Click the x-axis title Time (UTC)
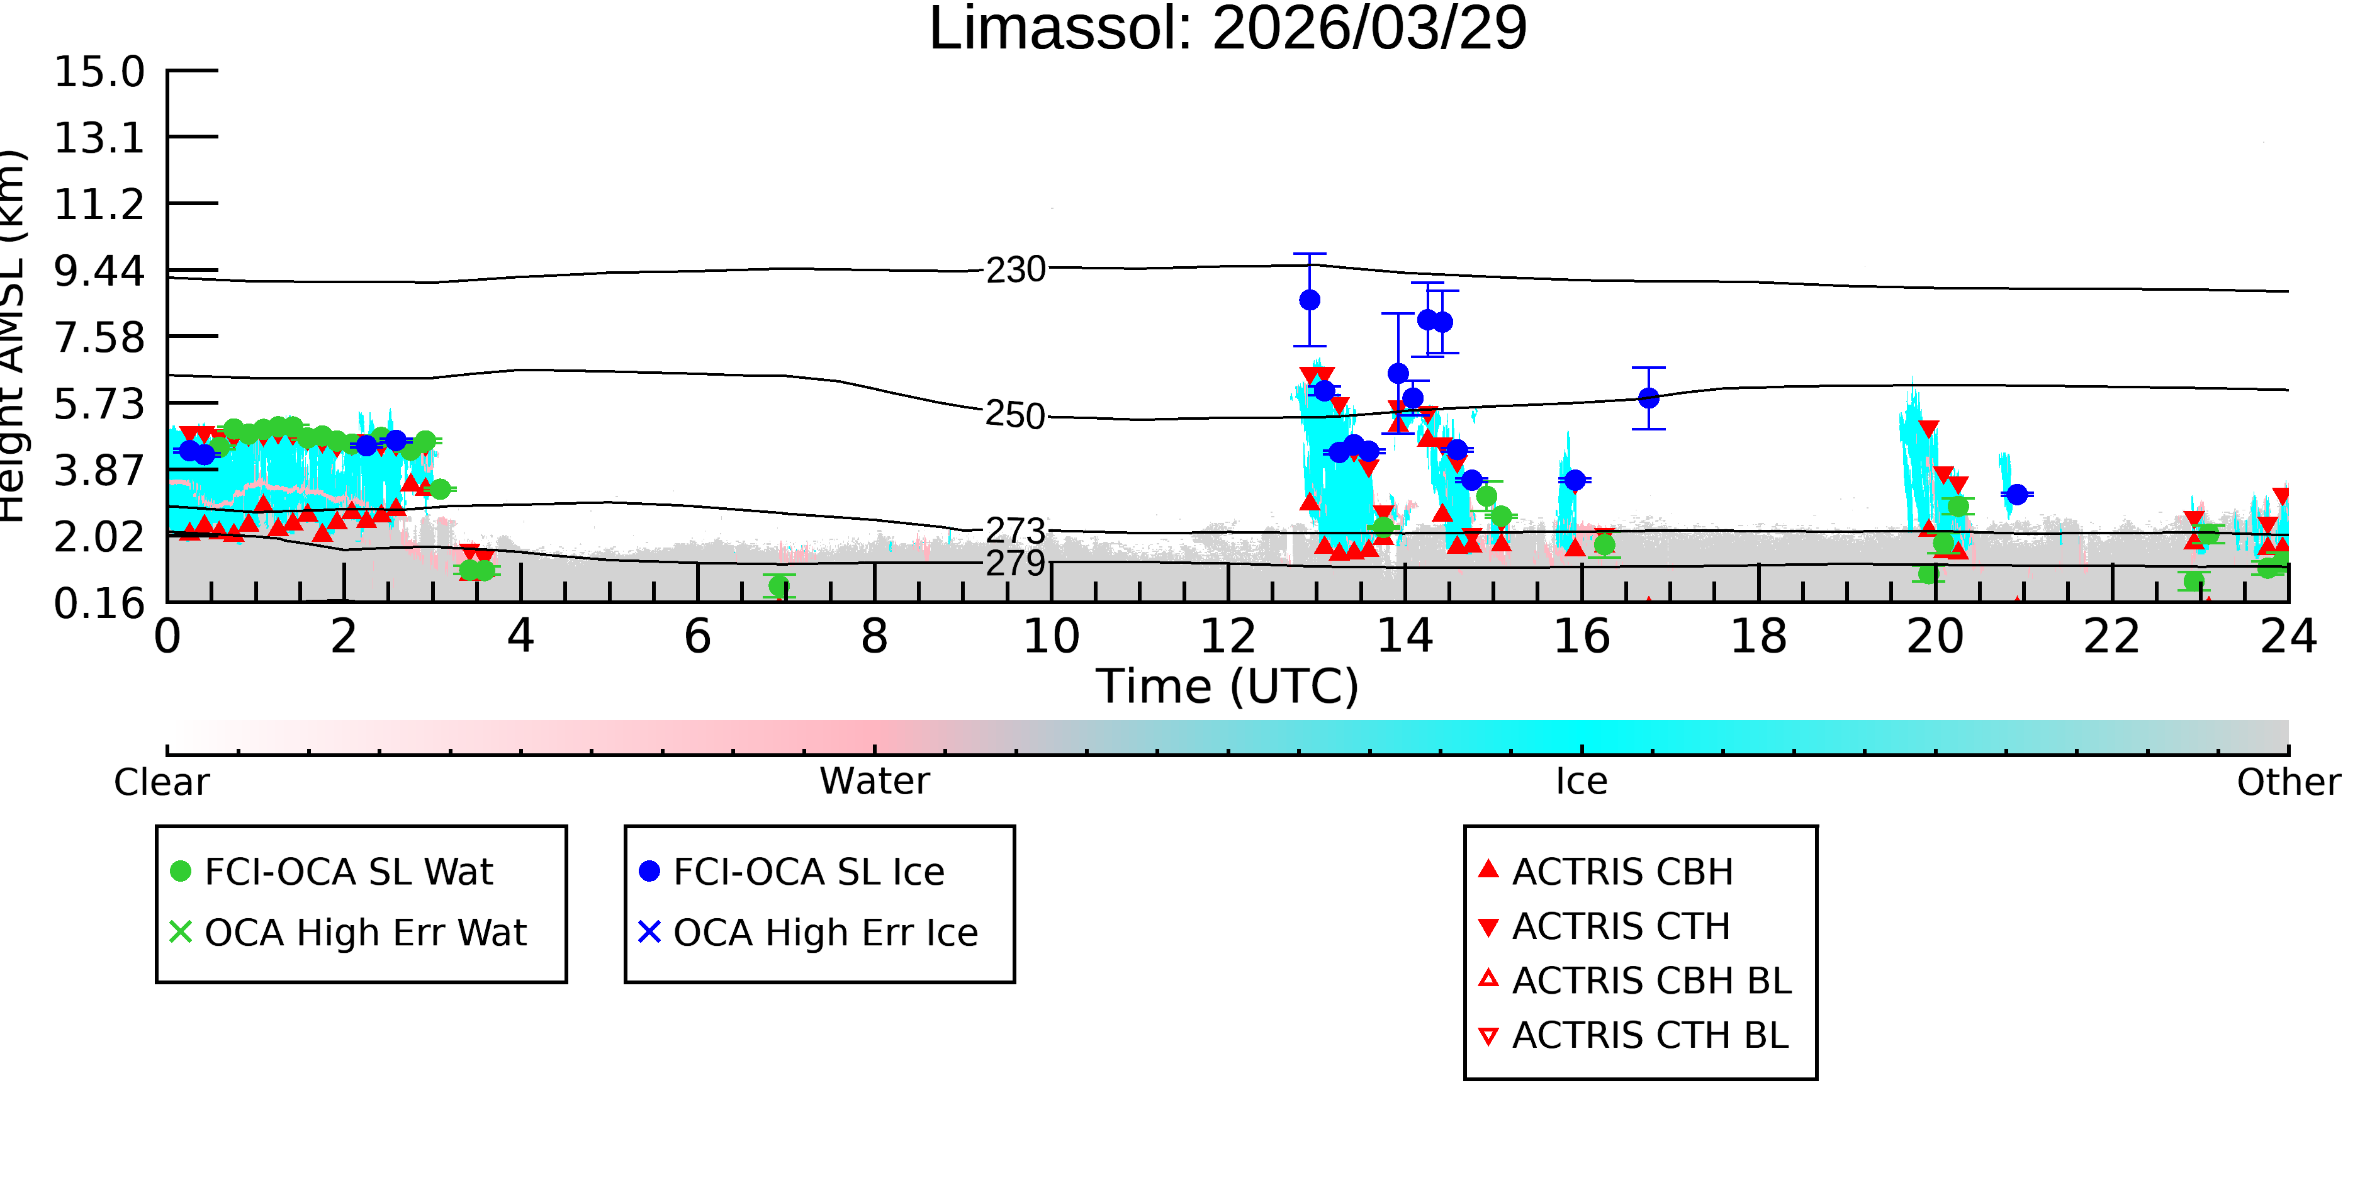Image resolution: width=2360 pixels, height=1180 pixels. [1228, 686]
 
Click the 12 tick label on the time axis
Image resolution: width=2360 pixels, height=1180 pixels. [1228, 636]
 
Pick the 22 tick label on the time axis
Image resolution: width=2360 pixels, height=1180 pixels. [2111, 636]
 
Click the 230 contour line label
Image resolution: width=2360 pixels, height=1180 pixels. [1016, 269]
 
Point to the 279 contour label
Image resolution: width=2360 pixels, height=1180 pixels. [1016, 563]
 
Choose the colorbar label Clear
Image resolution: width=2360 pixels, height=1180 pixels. [162, 782]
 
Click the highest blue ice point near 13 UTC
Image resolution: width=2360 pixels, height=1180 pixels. [1310, 300]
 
